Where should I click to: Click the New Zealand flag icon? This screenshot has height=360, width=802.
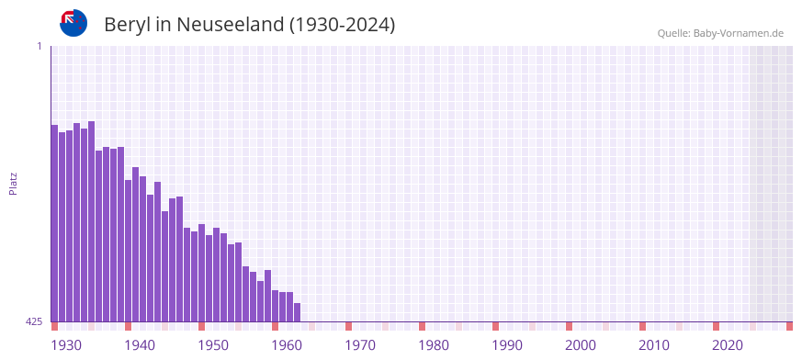click(73, 23)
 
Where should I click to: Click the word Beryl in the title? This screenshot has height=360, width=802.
click(127, 25)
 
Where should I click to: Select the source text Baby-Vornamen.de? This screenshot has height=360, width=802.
click(738, 33)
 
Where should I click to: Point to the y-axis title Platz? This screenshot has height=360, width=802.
click(13, 183)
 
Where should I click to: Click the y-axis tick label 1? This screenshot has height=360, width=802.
click(39, 46)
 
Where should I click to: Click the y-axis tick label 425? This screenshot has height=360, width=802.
click(34, 321)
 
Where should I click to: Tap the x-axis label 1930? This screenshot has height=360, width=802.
click(66, 345)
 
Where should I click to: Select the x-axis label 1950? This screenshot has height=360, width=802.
click(213, 345)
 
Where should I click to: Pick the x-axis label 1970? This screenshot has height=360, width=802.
click(360, 345)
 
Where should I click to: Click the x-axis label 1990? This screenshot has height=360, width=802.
click(507, 345)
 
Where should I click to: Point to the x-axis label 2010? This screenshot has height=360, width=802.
click(654, 345)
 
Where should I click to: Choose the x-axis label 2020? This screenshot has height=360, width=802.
click(728, 345)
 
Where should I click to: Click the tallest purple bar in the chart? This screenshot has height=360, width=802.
click(91, 220)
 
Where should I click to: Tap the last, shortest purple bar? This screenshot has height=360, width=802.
click(297, 312)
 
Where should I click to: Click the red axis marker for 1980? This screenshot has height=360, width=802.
click(422, 326)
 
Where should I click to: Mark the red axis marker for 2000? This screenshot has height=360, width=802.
click(569, 326)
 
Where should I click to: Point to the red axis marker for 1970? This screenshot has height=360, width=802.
click(348, 326)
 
